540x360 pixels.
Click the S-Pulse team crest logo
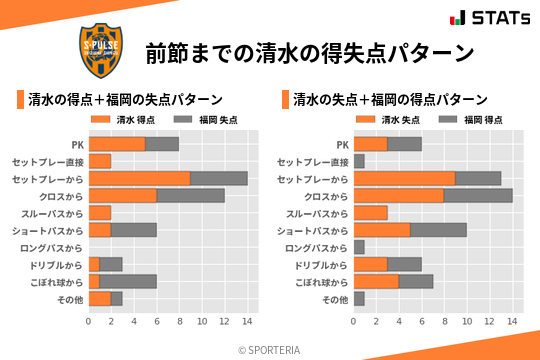(101, 49)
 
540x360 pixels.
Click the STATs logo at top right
(488, 18)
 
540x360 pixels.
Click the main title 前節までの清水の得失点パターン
(309, 52)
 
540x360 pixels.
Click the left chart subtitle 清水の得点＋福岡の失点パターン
(124, 100)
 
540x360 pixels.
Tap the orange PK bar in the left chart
(117, 144)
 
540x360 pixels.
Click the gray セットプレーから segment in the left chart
(219, 178)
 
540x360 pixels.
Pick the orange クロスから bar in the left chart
(122, 195)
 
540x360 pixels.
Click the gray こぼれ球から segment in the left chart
(128, 281)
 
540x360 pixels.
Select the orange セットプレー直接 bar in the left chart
(100, 161)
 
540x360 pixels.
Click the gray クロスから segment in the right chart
(478, 195)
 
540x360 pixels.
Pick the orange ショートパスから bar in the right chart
(382, 230)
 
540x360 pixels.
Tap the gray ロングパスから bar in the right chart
(359, 247)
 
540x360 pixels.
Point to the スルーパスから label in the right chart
(317, 213)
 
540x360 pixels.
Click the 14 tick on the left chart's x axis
(247, 321)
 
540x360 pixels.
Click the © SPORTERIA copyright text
(269, 349)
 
